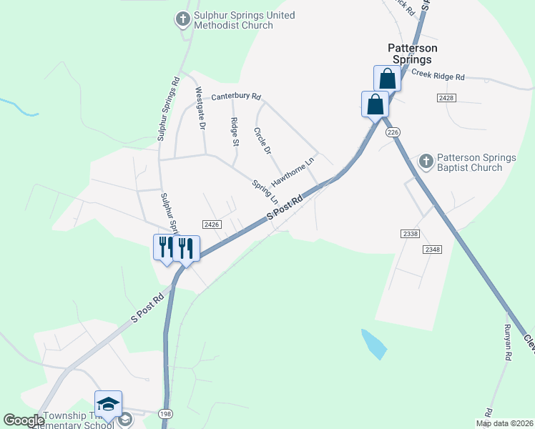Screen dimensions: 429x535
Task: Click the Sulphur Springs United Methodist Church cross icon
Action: pyautogui.click(x=183, y=19)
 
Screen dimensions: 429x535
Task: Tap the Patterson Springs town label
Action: pyautogui.click(x=412, y=54)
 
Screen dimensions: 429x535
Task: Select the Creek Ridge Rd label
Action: pyautogui.click(x=438, y=77)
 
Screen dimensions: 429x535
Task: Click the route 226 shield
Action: pyautogui.click(x=392, y=132)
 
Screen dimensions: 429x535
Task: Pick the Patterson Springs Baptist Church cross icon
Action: pyautogui.click(x=426, y=162)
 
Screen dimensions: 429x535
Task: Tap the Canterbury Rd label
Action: pyautogui.click(x=236, y=97)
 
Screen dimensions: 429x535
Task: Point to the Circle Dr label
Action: pyautogui.click(x=262, y=141)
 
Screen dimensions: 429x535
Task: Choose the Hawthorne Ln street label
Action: pyautogui.click(x=293, y=172)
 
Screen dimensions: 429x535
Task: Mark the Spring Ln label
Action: pyautogui.click(x=265, y=190)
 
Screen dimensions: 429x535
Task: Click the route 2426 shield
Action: pyautogui.click(x=211, y=224)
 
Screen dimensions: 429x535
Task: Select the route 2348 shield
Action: pyautogui.click(x=432, y=249)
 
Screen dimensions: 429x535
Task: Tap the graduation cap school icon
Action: pyautogui.click(x=108, y=405)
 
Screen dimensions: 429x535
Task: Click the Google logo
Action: pyautogui.click(x=24, y=420)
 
